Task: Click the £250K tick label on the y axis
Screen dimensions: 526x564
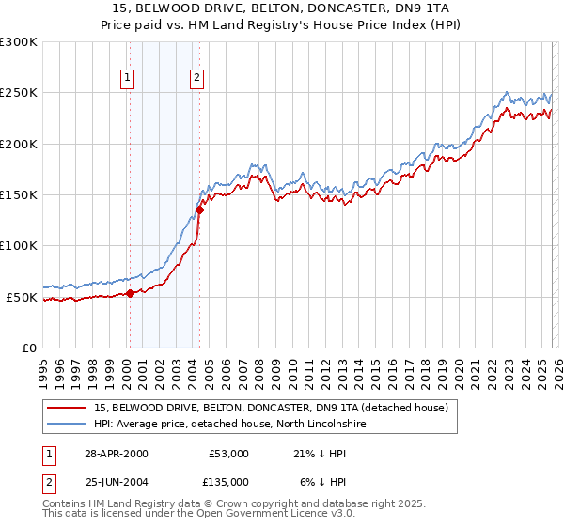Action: point(18,93)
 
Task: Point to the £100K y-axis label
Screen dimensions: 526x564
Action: point(18,246)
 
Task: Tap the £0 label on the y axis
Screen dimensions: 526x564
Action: point(27,348)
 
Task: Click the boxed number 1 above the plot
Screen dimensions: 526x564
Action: point(127,79)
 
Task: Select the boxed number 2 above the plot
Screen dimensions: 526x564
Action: point(196,79)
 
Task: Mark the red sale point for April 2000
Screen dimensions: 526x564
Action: point(130,293)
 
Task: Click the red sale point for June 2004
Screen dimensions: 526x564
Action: point(199,209)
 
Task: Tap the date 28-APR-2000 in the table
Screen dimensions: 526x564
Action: point(116,454)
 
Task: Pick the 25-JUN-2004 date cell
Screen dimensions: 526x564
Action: point(116,481)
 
